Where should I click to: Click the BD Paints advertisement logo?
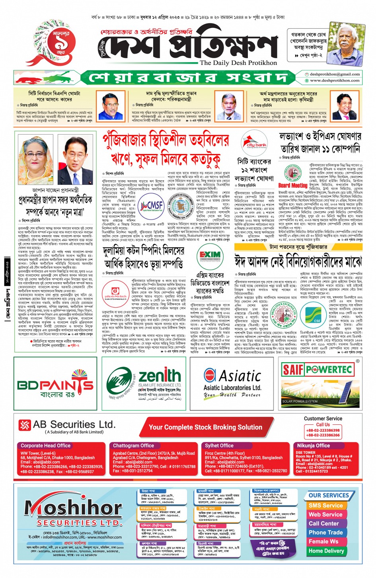point(55,385)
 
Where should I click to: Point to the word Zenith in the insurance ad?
point(160,376)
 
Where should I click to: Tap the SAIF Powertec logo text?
point(317,370)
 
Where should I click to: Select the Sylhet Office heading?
point(219,445)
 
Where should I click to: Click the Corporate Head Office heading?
point(45,445)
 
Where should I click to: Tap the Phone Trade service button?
point(325,532)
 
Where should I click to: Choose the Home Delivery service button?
point(326,551)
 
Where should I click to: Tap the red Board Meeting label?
point(292,186)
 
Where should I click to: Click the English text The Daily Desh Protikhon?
point(238,63)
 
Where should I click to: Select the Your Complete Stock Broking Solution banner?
point(205,427)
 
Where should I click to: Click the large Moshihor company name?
point(73,507)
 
